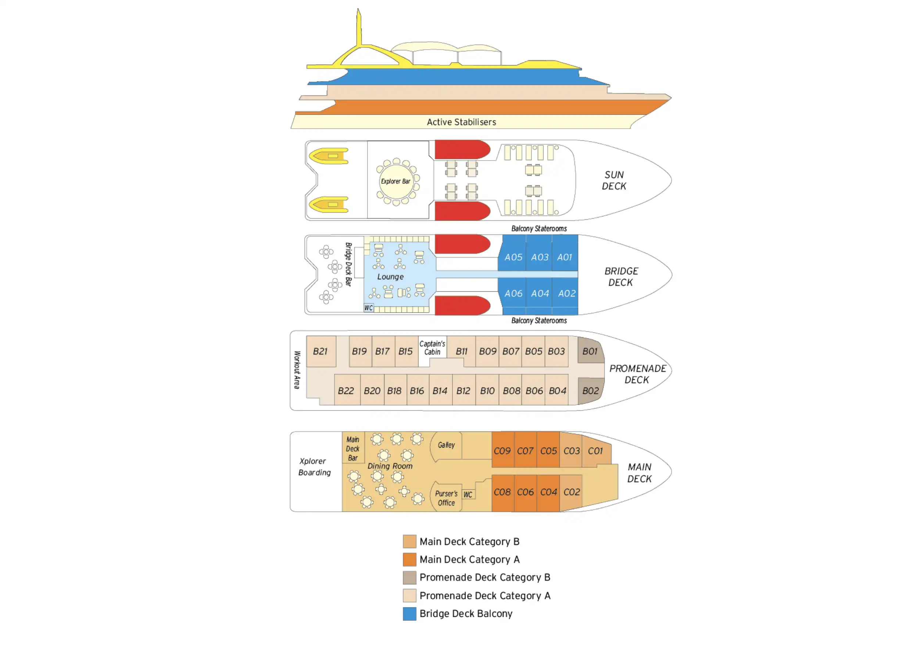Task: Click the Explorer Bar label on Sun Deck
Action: [x=395, y=181]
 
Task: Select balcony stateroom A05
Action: [x=513, y=257]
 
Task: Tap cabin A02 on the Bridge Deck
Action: [x=567, y=294]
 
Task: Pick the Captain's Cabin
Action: [x=432, y=348]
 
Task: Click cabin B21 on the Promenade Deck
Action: [x=320, y=352]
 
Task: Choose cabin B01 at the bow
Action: [x=590, y=352]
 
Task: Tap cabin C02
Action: [x=572, y=492]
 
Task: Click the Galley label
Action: [x=446, y=445]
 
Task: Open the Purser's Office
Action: [x=446, y=498]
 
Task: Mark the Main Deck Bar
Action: [x=353, y=449]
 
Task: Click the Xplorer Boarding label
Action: [x=314, y=467]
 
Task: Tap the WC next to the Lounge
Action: [x=369, y=308]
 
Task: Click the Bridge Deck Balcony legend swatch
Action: [x=409, y=614]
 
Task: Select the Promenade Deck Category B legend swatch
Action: [x=409, y=578]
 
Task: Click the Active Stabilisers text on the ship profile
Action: [x=461, y=122]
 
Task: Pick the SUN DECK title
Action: [x=614, y=181]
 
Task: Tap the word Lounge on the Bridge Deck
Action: [x=390, y=277]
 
